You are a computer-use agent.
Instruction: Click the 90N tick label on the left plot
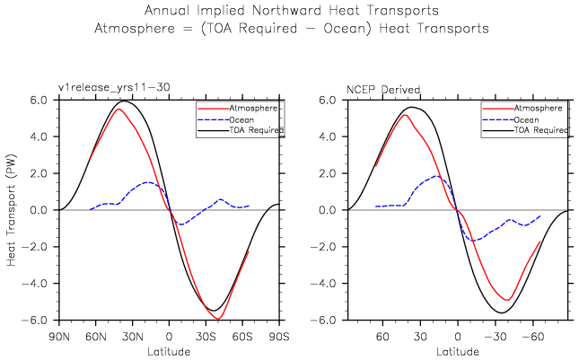pos(59,336)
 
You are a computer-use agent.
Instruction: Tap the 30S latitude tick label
pos(206,336)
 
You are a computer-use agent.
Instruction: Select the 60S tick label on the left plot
pos(242,336)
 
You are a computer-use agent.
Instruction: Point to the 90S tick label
pos(279,336)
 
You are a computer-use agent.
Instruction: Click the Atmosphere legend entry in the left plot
pos(254,107)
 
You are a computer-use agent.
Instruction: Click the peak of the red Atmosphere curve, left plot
pos(118,110)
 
